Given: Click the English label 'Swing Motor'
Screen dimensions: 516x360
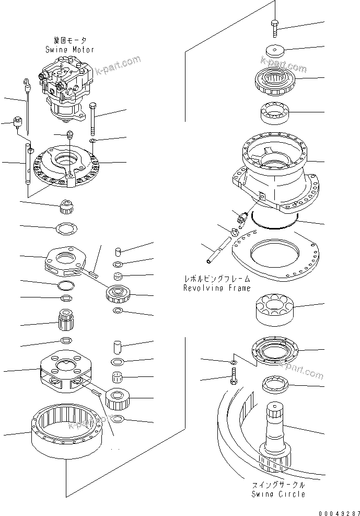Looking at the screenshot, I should click(69, 50).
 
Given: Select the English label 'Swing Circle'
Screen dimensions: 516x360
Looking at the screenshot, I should click(278, 494).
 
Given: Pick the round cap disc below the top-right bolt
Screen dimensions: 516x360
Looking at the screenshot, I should click(275, 51).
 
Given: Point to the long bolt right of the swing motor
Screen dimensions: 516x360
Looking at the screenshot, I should click(92, 120).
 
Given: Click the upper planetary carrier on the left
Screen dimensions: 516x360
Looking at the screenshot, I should click(67, 261).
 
